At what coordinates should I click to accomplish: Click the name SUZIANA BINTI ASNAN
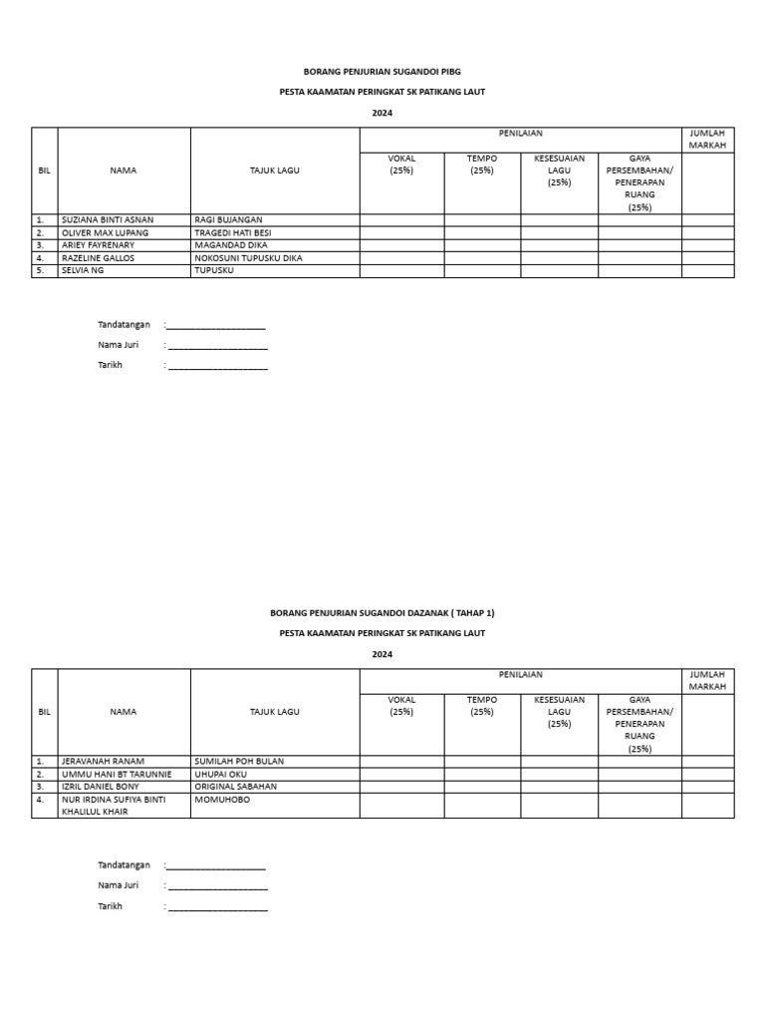(108, 219)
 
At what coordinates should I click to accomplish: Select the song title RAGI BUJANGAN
(228, 219)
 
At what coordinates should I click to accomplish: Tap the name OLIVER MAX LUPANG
(105, 232)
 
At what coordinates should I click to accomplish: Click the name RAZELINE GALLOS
(98, 257)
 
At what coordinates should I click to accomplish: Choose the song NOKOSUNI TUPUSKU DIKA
(248, 257)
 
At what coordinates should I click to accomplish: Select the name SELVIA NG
(83, 270)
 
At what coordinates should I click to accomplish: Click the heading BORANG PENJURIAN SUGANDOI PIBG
(382, 72)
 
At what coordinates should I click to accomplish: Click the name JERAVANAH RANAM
(102, 761)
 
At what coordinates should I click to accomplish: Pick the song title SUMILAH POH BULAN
(239, 761)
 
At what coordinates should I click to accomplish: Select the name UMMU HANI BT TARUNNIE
(117, 774)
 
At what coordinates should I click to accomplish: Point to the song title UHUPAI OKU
(220, 774)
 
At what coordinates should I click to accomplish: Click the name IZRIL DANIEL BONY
(101, 786)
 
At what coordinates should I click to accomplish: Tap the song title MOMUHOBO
(222, 799)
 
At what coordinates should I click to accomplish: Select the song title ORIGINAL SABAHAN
(235, 786)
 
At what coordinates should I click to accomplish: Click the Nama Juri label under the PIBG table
(118, 345)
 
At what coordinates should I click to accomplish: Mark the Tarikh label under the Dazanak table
(110, 906)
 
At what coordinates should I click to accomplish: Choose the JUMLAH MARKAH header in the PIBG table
(707, 139)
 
